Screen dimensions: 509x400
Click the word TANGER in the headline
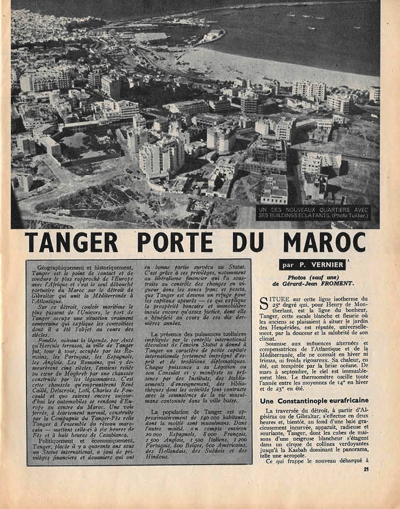[72, 243]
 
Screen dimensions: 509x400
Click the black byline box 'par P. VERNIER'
[312, 265]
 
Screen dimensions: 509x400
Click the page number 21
[366, 469]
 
